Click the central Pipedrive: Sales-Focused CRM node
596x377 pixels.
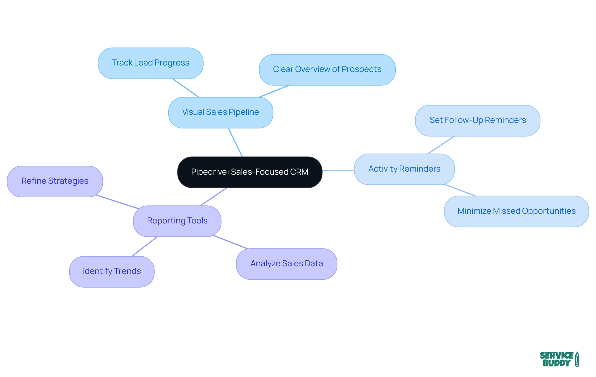(250, 172)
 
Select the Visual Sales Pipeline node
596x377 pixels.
(221, 112)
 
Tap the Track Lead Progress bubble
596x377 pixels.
(151, 63)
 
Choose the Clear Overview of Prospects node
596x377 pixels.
(327, 70)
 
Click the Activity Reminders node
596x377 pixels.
(404, 169)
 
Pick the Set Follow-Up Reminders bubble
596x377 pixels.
(477, 120)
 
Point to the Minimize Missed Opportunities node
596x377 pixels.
(516, 211)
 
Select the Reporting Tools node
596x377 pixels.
(177, 221)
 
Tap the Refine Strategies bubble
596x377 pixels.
(55, 181)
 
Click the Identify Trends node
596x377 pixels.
(112, 272)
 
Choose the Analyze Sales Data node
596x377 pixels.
(287, 264)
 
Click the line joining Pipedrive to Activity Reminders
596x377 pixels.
(338, 170)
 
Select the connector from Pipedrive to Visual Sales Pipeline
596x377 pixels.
(235, 142)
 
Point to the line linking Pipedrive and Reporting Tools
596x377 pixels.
(214, 196)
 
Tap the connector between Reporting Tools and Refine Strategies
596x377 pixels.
(117, 202)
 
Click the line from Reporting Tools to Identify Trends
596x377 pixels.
(145, 246)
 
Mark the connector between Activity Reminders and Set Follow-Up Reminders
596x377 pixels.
(441, 145)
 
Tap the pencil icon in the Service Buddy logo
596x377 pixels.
(577, 359)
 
